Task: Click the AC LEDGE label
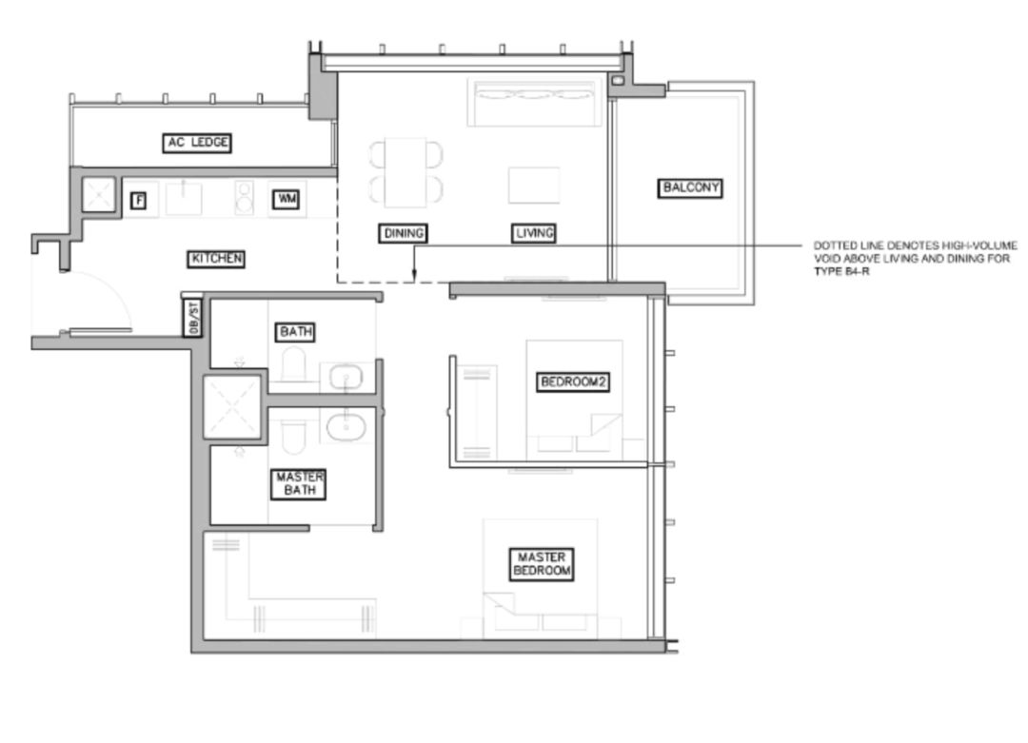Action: (197, 143)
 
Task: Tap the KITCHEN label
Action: (216, 259)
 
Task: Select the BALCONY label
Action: (690, 188)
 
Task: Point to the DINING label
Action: (404, 233)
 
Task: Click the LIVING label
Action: (534, 233)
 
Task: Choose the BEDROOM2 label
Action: (573, 382)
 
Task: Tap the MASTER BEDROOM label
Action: (542, 564)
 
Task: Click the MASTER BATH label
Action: (299, 484)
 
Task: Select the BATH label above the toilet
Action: (296, 332)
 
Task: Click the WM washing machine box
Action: (287, 199)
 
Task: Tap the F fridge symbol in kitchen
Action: (138, 201)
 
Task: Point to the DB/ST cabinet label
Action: (192, 318)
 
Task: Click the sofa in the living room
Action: (534, 102)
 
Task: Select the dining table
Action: (405, 172)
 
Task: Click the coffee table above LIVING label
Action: (534, 186)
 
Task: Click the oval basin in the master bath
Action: (346, 426)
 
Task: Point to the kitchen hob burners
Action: (244, 197)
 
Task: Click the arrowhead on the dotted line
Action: (414, 275)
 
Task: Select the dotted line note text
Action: (916, 258)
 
